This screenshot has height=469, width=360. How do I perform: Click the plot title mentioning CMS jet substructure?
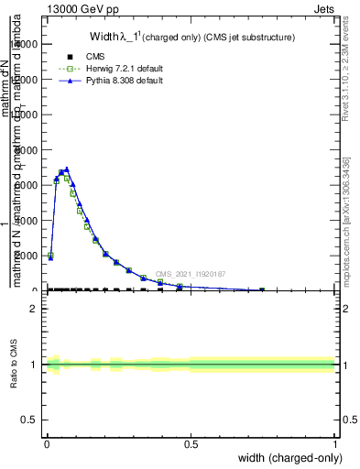(x=191, y=38)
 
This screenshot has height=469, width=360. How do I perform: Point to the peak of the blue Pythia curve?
(x=67, y=169)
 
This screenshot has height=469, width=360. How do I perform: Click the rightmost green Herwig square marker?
(x=262, y=290)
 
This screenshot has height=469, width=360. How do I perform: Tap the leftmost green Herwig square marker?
(x=50, y=256)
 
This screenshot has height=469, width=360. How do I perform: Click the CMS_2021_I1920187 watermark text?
(x=191, y=274)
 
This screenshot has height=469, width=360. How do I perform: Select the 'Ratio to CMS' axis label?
(x=14, y=365)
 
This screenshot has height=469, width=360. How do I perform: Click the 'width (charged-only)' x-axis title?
(x=280, y=457)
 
